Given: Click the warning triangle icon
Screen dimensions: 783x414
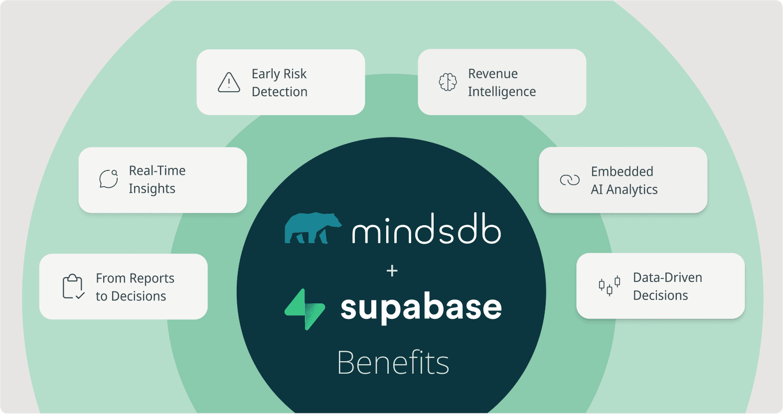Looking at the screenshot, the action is [x=229, y=82].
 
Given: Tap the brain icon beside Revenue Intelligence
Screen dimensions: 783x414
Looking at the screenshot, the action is [x=448, y=82].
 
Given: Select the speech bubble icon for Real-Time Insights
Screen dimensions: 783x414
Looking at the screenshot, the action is [x=109, y=179].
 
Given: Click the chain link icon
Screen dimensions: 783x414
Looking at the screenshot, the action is [x=570, y=180].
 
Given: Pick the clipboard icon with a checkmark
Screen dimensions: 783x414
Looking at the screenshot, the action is [x=73, y=286].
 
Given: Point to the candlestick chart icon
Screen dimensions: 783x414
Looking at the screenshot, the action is [x=609, y=286].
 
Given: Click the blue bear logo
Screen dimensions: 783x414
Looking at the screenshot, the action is [x=313, y=228].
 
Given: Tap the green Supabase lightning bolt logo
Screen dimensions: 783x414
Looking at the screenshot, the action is [x=305, y=309].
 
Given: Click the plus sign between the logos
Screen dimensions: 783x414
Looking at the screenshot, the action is [x=392, y=271].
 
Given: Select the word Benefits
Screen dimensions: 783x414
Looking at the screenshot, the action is [x=393, y=363].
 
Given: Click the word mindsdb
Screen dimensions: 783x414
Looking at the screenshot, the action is [x=426, y=230].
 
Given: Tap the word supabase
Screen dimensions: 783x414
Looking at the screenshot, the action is [x=421, y=308].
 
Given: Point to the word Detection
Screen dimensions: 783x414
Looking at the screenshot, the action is [x=280, y=92].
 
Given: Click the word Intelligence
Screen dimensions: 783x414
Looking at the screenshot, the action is [x=502, y=92].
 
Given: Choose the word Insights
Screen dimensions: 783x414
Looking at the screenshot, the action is [x=152, y=189].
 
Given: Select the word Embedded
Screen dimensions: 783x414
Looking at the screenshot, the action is [x=622, y=171].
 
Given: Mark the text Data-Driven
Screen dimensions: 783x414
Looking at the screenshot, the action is [x=667, y=277].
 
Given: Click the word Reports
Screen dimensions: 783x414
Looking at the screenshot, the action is [x=152, y=278].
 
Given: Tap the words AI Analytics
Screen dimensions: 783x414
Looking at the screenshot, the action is [x=624, y=190].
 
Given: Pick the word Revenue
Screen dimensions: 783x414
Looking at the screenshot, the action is [x=493, y=74].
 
